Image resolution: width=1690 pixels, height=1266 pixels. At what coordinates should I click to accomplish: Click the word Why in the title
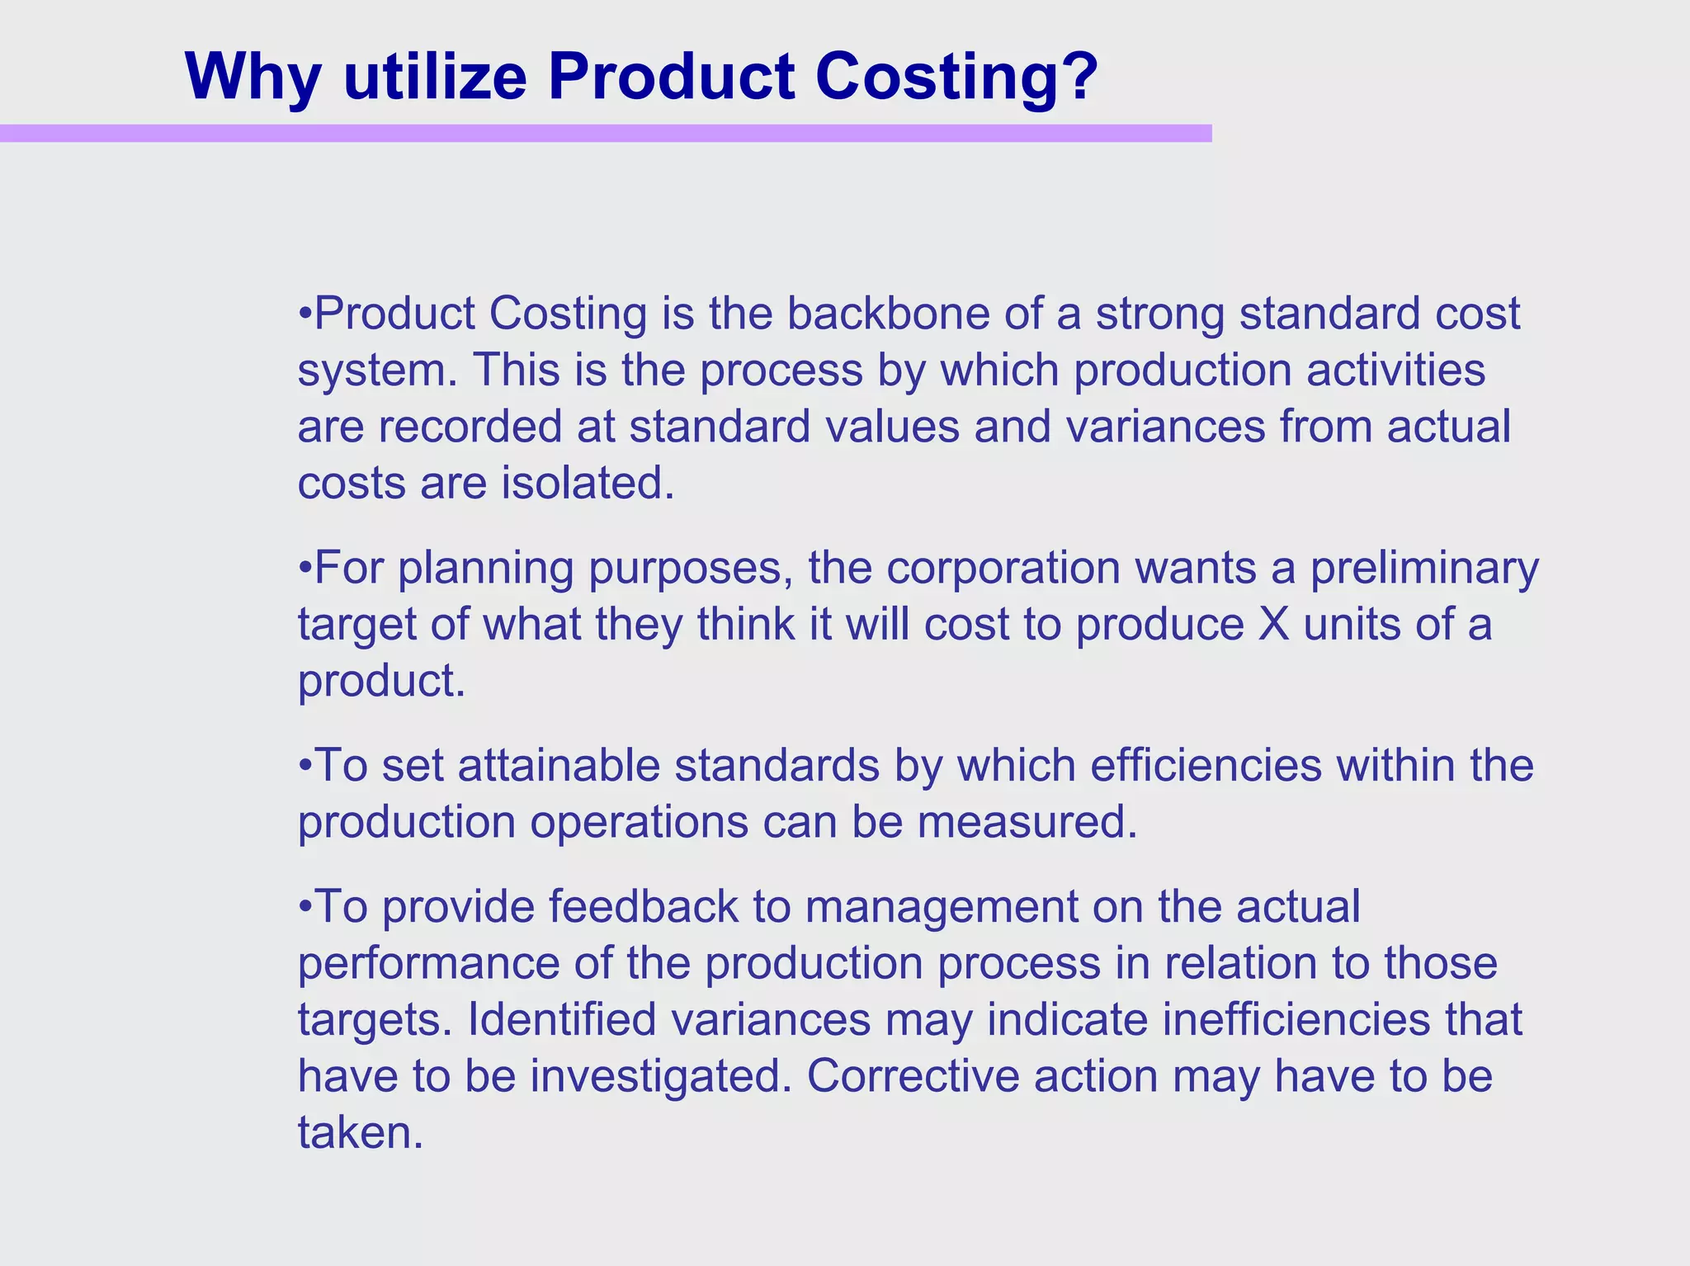(252, 77)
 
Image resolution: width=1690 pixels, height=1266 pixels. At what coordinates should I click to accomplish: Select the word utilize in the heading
(435, 77)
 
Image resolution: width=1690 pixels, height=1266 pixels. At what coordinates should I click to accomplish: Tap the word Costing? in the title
(957, 77)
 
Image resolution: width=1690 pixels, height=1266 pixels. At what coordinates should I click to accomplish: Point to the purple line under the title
(606, 133)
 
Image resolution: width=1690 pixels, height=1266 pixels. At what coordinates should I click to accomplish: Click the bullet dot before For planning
(304, 568)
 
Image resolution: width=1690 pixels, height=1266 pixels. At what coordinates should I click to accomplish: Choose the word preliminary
(1424, 568)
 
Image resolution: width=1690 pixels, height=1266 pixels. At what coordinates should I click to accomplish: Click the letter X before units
(1273, 624)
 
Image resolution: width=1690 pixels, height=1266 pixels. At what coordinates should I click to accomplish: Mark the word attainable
(559, 765)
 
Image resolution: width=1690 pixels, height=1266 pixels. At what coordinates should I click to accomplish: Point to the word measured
(1027, 822)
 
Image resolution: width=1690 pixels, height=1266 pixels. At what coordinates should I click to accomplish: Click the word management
(942, 906)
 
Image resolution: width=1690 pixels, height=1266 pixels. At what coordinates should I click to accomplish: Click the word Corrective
(913, 1076)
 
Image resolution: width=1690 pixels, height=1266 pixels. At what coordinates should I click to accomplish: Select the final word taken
(360, 1132)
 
